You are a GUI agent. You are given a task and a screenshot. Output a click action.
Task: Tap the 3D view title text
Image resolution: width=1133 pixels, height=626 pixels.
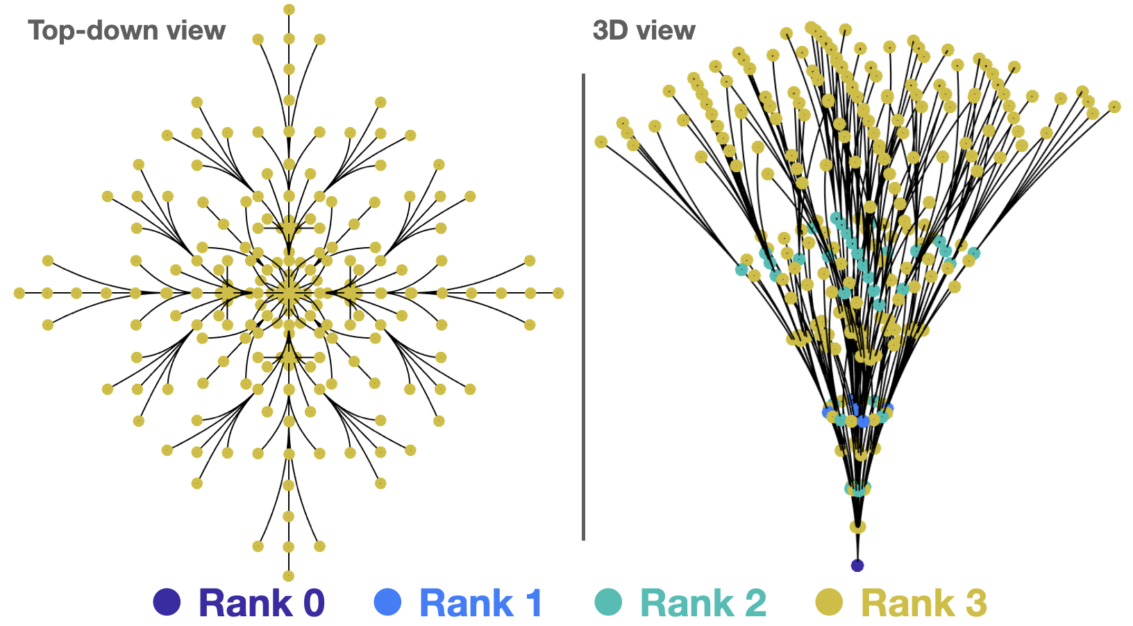point(644,31)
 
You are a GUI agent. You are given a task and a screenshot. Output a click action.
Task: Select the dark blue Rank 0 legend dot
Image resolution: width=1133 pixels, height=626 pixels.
point(167,602)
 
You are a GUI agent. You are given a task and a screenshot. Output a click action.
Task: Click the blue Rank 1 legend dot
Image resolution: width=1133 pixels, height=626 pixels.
point(387,602)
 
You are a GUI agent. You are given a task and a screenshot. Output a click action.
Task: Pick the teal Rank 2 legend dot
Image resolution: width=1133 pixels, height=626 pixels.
point(608,602)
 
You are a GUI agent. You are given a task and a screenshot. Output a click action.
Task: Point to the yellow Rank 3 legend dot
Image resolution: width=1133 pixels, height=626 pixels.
point(829,602)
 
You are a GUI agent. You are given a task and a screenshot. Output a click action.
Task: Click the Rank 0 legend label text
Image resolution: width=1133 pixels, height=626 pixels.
point(262,603)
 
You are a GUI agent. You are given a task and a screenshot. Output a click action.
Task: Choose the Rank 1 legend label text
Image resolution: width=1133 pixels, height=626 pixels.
point(480,603)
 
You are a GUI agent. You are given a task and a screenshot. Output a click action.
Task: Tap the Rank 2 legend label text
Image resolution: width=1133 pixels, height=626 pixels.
point(703,603)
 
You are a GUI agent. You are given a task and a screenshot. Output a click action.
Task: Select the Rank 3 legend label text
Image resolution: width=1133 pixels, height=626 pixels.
point(924,603)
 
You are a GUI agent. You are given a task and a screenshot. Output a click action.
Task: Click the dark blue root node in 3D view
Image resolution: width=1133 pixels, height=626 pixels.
point(857,565)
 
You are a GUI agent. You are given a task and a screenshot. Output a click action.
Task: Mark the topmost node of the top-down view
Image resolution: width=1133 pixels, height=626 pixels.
point(289,10)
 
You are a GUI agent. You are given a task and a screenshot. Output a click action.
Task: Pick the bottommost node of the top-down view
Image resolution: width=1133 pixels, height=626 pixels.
point(289,576)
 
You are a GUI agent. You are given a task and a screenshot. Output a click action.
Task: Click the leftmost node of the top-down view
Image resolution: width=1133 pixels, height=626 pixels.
point(19,294)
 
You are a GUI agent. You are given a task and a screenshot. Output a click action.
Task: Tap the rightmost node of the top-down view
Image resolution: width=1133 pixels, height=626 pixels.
point(558,294)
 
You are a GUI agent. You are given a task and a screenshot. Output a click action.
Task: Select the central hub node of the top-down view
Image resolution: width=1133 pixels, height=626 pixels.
point(289,294)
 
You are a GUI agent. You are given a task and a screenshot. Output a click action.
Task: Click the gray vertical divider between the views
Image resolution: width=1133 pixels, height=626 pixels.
point(583,305)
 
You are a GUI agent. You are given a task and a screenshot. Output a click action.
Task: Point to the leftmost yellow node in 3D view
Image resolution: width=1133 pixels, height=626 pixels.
point(601,142)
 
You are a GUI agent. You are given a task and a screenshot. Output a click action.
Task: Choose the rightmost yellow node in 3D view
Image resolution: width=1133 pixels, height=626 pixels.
point(1114,106)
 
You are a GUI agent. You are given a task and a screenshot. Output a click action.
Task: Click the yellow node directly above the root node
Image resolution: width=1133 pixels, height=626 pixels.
point(857,527)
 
